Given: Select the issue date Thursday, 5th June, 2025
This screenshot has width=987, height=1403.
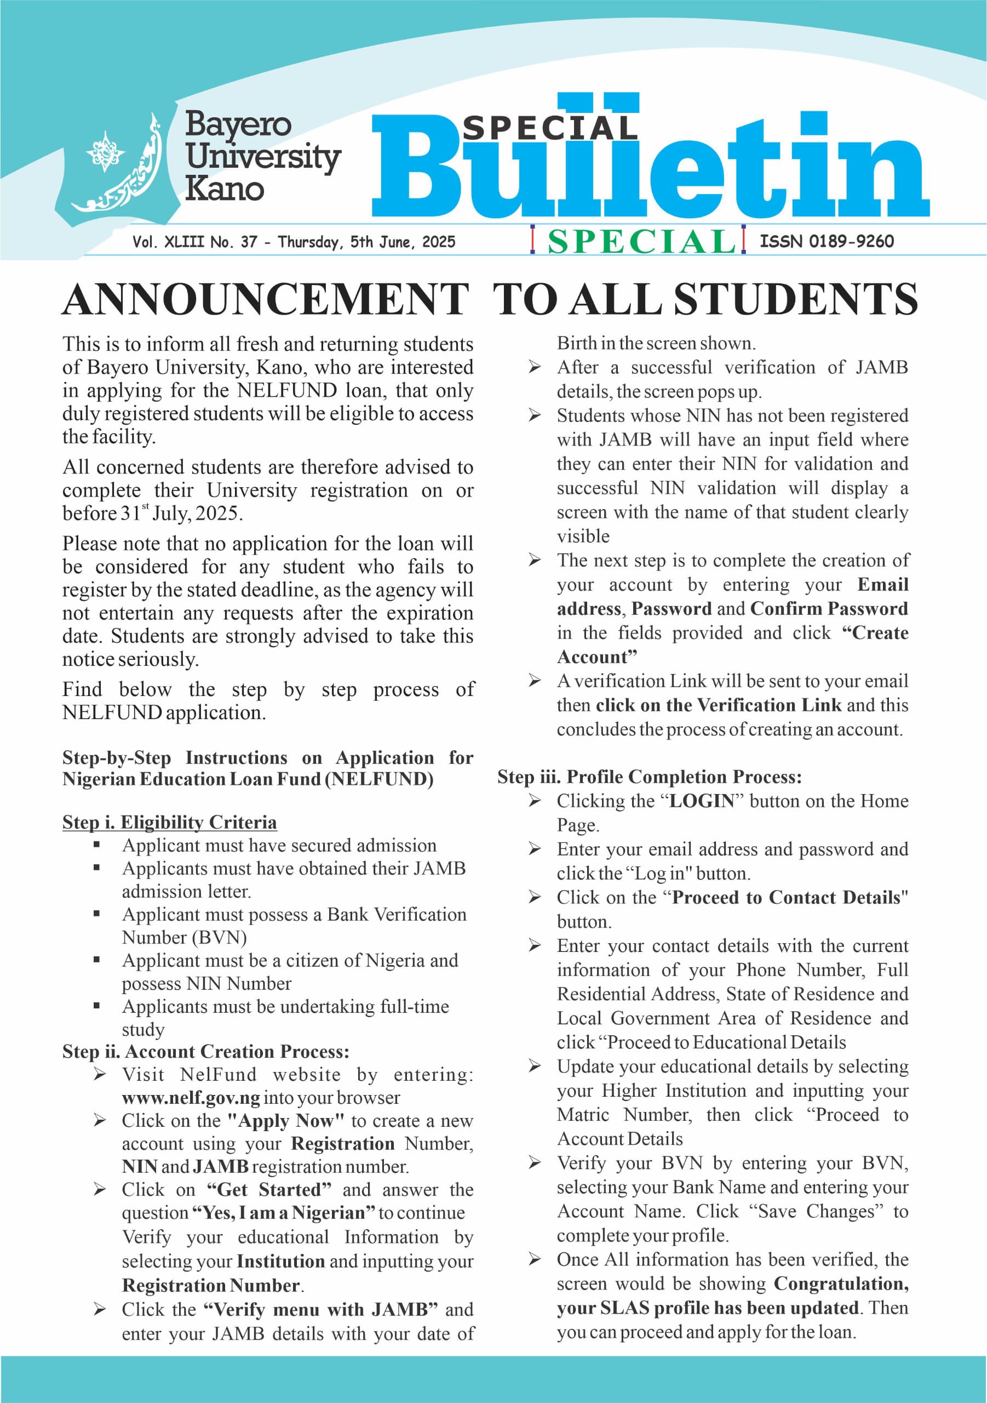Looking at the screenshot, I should coord(366,242).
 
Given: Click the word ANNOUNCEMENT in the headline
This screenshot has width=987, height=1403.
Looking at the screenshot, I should coord(266,299).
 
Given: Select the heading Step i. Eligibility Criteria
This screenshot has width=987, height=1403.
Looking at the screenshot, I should coord(169,823).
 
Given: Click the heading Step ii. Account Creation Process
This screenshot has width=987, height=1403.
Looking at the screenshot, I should coord(206,1052).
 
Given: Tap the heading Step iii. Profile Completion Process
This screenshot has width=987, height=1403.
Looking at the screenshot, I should coord(649,777).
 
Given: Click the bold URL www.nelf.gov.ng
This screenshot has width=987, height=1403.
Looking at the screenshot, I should coord(191,1098).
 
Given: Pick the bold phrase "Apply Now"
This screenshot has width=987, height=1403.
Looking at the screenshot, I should coord(285,1121).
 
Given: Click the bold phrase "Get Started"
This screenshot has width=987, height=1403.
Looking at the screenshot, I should coord(269,1190).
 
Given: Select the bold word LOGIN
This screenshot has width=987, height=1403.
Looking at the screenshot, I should coord(702,801).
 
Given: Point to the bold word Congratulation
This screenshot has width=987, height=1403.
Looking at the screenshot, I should coord(840,1284).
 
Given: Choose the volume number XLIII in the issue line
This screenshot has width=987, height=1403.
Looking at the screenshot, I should coord(185,242).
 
